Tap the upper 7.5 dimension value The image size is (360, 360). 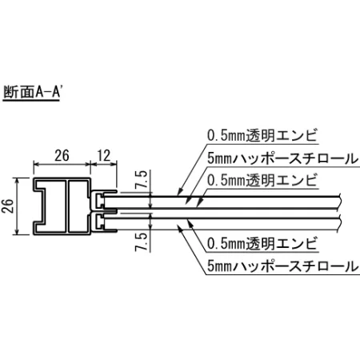[x=142, y=181]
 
